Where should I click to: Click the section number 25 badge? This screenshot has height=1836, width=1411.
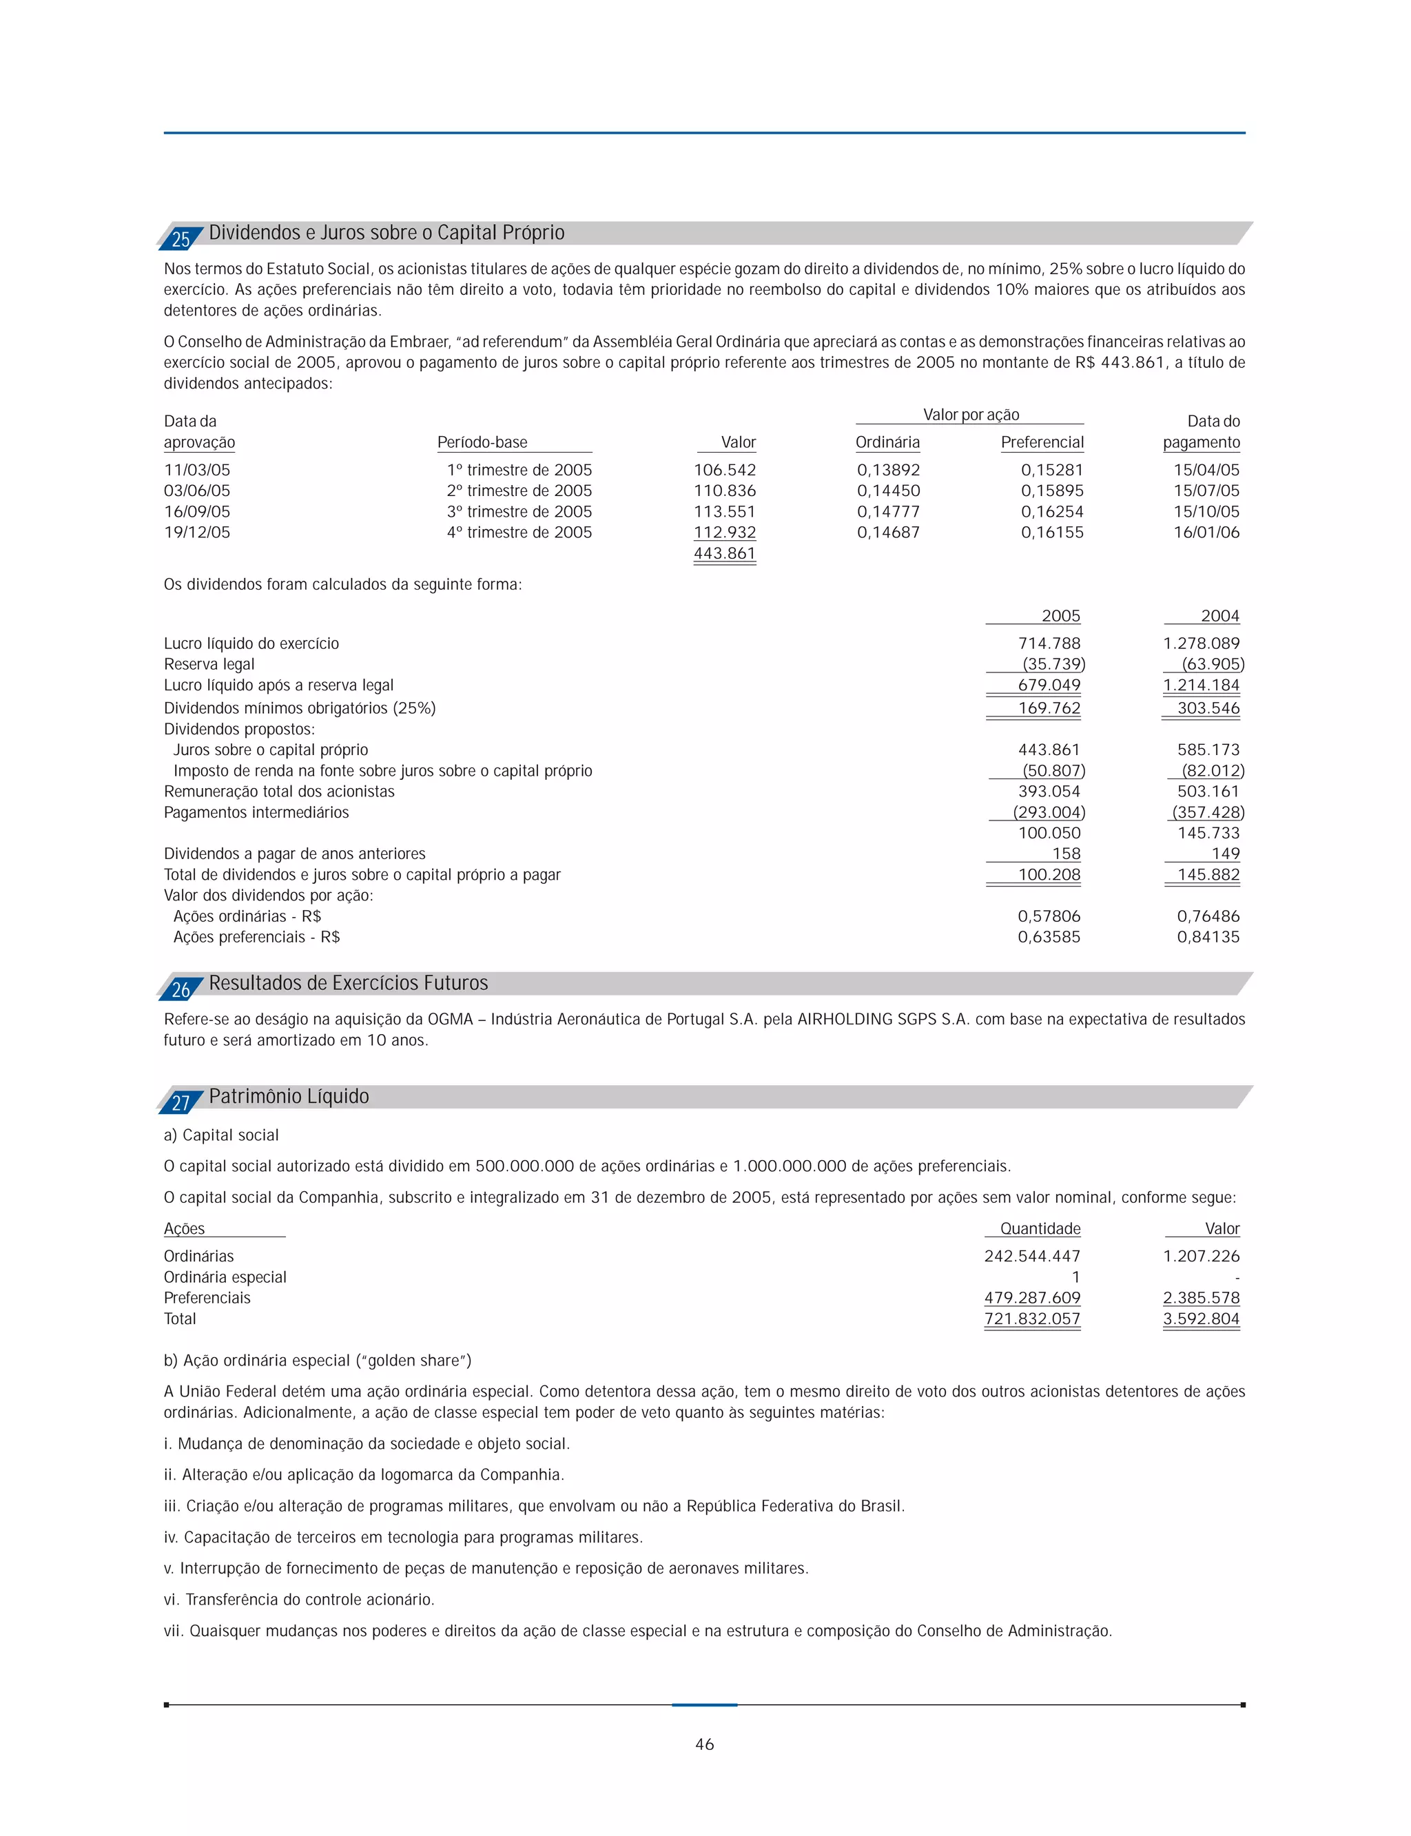tap(181, 239)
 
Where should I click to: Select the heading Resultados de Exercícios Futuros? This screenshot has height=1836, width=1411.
tap(348, 982)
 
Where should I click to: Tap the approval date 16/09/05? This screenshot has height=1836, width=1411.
tap(196, 511)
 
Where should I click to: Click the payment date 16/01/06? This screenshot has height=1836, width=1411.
tap(1206, 533)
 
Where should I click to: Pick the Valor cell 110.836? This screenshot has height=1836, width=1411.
tap(724, 491)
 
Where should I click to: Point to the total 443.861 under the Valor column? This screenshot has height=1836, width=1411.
tap(724, 553)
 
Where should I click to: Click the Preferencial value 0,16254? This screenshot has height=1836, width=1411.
tap(1051, 511)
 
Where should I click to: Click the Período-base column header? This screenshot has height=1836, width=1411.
tap(482, 442)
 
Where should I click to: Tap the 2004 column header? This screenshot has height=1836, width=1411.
tap(1219, 616)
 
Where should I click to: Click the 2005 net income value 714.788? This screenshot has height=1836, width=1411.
tap(1049, 643)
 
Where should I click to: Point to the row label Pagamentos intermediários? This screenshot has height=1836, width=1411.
tap(256, 812)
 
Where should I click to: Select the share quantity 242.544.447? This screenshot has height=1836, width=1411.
tap(1032, 1256)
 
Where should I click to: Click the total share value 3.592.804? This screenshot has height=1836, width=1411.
tap(1201, 1319)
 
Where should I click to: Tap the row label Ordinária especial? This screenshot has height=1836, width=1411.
tap(225, 1277)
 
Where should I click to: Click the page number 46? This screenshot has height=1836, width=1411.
tap(705, 1744)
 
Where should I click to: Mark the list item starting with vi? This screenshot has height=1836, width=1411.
tap(299, 1599)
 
